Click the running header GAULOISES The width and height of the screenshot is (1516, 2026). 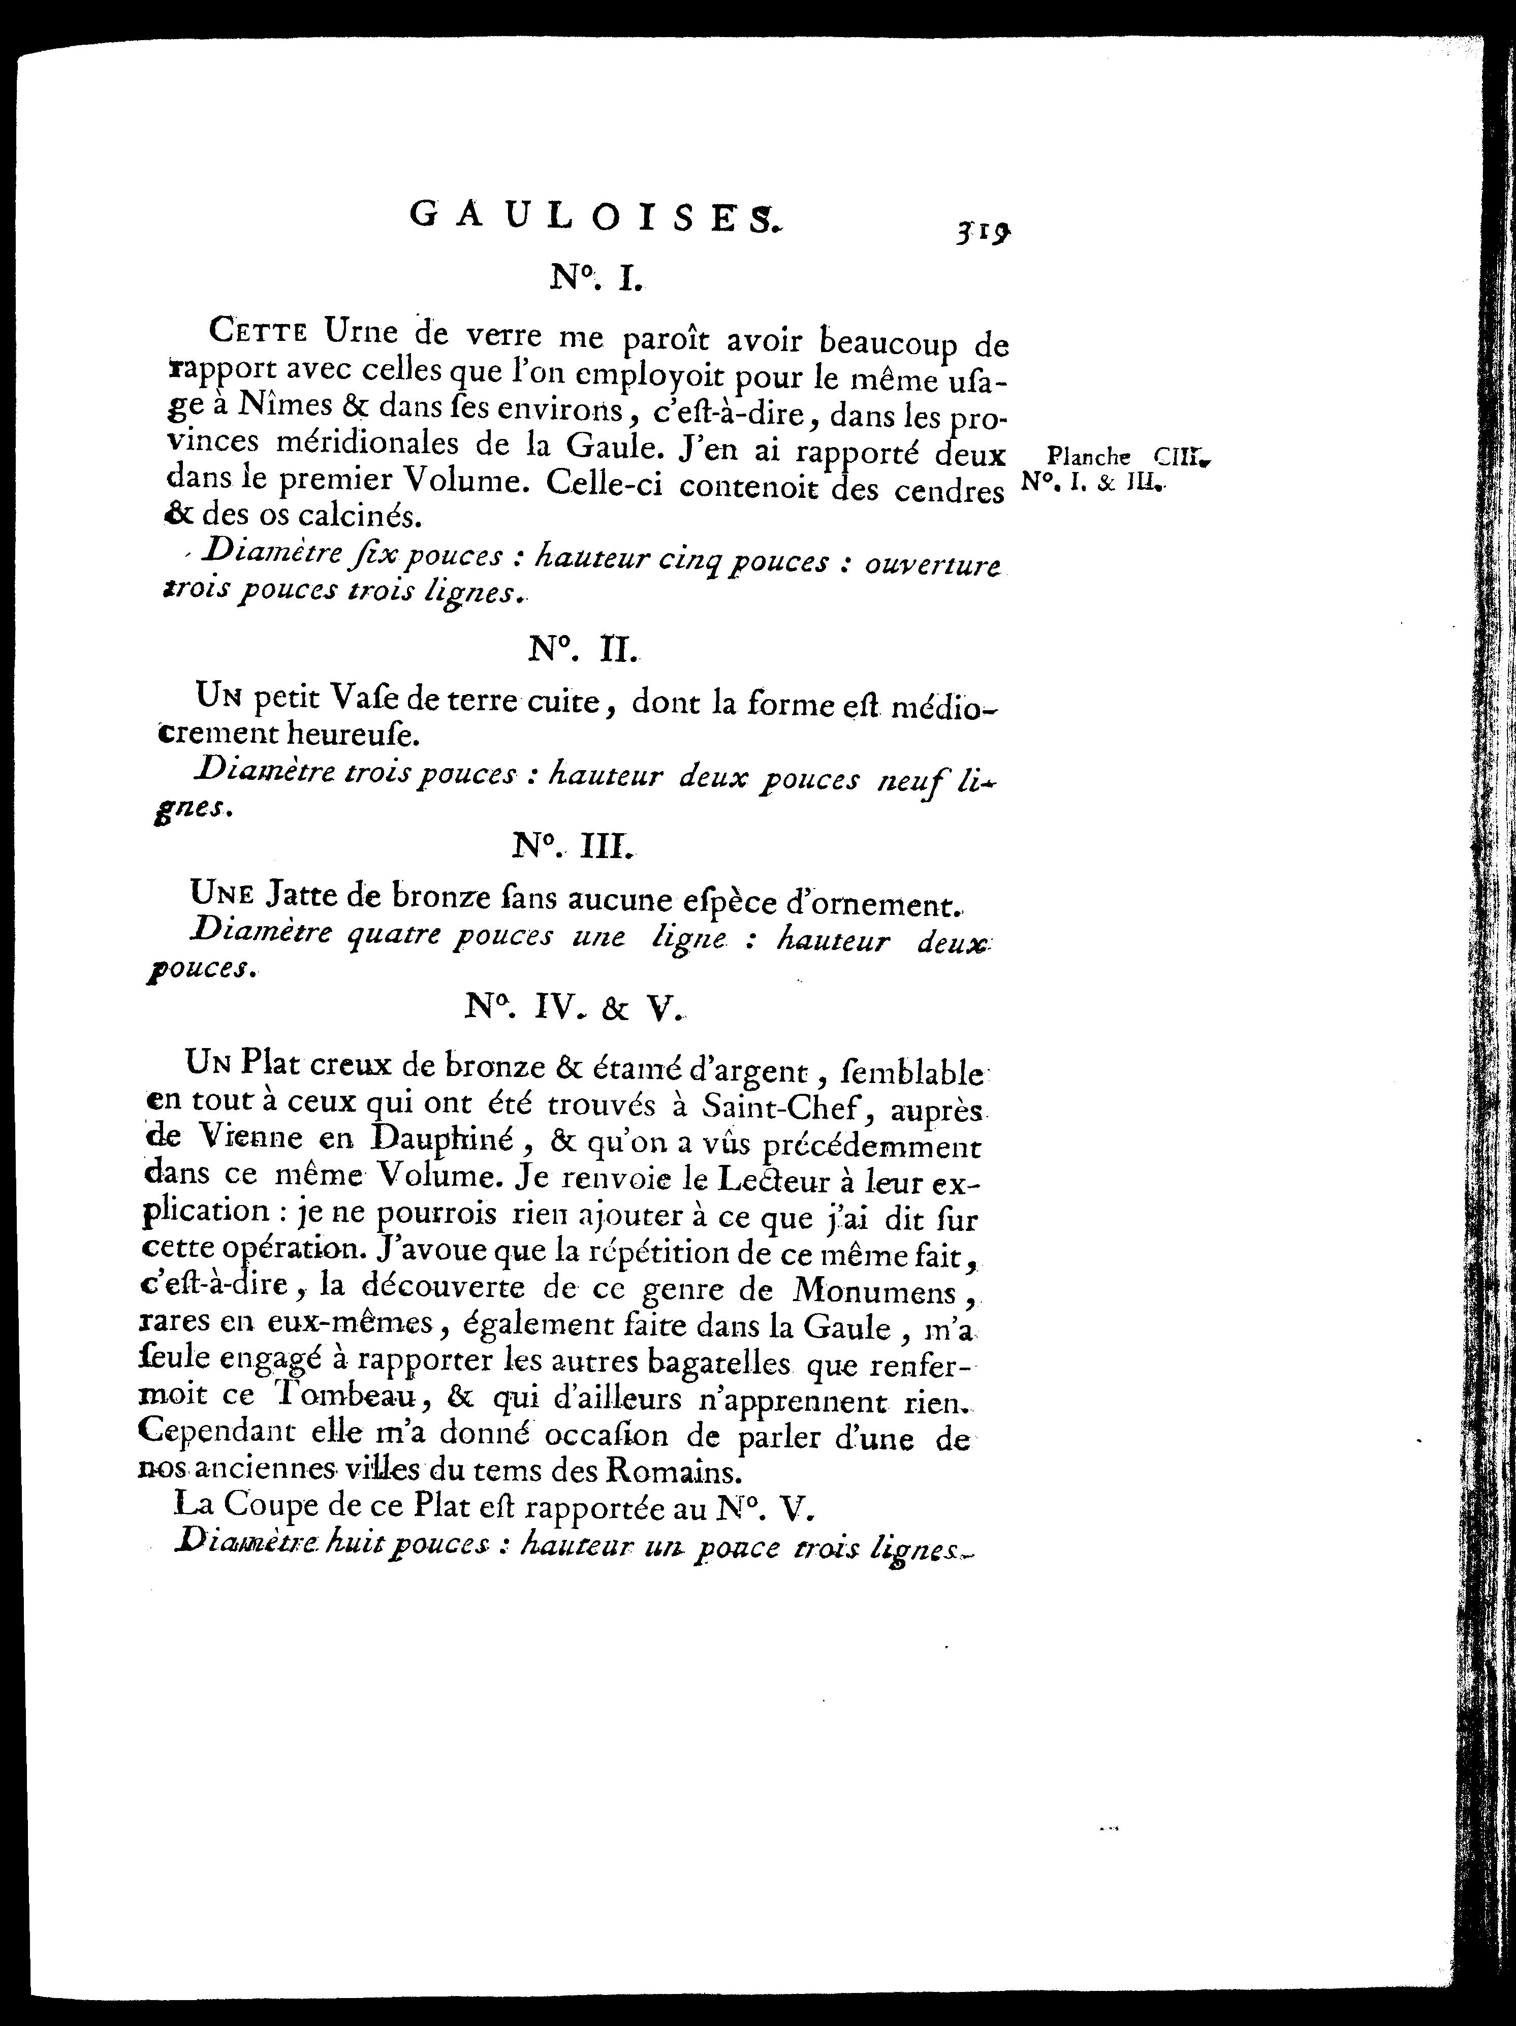pyautogui.click(x=593, y=216)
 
